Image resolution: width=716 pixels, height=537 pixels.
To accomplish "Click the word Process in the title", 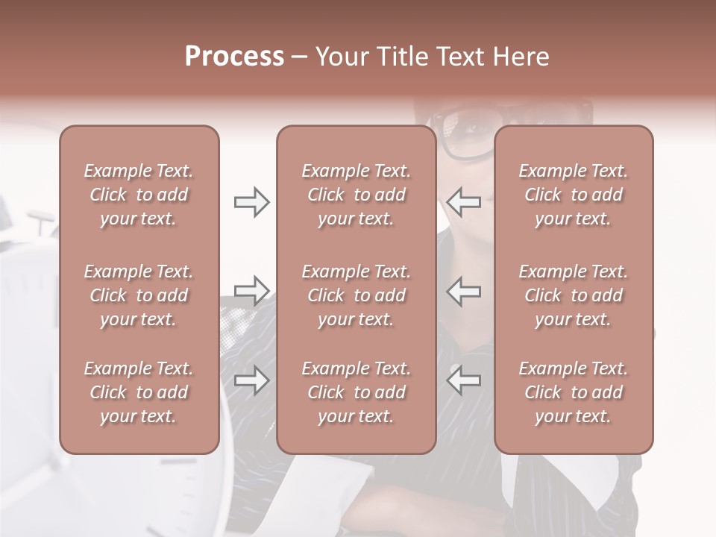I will point(234,57).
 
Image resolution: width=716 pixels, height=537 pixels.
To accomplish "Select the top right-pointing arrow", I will point(251,202).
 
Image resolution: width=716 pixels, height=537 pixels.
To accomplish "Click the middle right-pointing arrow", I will point(251,290).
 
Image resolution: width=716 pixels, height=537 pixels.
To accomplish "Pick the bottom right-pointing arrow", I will point(251,380).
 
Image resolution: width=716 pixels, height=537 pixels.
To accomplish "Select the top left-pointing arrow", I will point(463,202).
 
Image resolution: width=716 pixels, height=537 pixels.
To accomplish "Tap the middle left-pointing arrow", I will point(463,290).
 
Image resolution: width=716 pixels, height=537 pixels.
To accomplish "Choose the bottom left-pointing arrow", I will point(463,380).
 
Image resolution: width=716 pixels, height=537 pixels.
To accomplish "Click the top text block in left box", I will point(139,195).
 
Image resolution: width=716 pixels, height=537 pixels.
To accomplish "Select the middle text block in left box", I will point(139,295).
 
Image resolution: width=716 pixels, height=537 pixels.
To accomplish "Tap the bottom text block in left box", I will point(139,392).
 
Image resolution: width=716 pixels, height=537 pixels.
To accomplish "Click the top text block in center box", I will point(356,195).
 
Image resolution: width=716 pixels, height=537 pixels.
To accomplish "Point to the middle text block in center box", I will point(356,295).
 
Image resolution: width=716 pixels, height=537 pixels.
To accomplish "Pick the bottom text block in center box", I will point(356,392).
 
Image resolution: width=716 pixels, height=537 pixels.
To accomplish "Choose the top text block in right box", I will point(574,195).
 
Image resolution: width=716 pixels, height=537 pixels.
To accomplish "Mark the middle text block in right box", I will point(574,295).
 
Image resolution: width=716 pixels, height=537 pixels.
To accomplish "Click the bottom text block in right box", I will point(574,392).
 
